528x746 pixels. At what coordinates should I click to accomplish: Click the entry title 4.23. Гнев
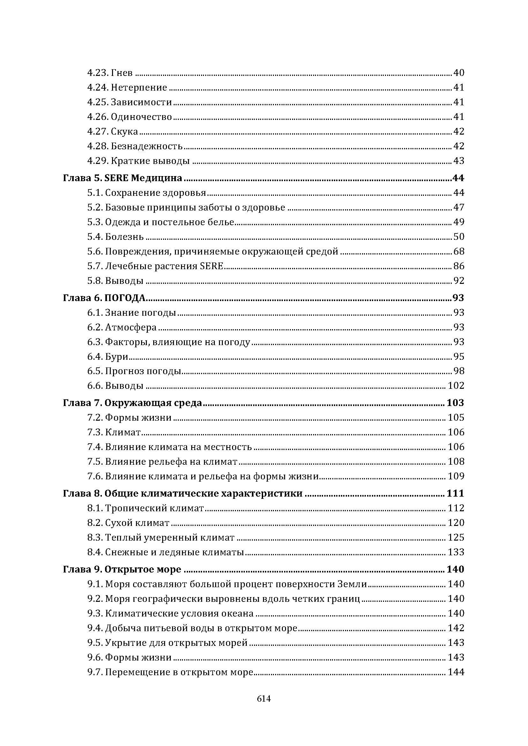[x=110, y=73]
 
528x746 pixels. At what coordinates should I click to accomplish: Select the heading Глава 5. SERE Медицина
[x=122, y=178]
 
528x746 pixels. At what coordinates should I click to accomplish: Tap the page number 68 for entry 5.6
[x=459, y=251]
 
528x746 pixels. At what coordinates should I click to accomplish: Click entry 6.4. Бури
[x=108, y=357]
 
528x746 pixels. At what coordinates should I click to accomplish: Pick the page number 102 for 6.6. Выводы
[x=456, y=386]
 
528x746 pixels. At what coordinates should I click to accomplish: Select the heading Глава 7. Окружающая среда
[x=132, y=403]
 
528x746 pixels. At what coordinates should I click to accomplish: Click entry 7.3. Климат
[x=114, y=432]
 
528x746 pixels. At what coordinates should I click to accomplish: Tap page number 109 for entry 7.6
[x=456, y=476]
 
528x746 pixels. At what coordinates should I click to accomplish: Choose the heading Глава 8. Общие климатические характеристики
[x=182, y=493]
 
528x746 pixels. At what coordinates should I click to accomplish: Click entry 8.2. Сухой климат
[x=128, y=523]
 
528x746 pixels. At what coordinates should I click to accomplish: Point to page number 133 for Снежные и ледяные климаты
[x=456, y=552]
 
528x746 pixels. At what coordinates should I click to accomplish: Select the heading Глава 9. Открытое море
[x=122, y=569]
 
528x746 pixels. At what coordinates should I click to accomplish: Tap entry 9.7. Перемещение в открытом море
[x=170, y=672]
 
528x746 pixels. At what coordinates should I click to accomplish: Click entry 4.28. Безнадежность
[x=135, y=146]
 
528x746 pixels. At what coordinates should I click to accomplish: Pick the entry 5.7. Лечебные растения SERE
[x=155, y=266]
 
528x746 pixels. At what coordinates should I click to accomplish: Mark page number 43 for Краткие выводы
[x=459, y=161]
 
